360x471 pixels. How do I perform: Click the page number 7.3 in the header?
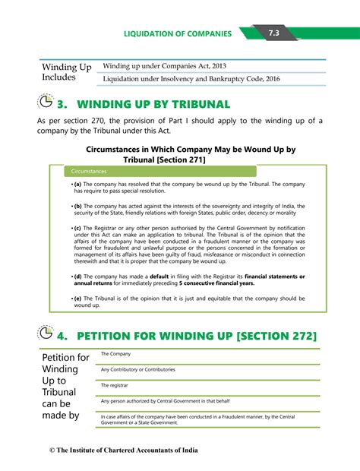273,33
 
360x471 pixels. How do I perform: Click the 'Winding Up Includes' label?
66,72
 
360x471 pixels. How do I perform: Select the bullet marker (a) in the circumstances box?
77,185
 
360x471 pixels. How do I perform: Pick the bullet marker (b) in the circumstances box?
77,206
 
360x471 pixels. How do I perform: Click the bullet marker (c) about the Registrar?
77,228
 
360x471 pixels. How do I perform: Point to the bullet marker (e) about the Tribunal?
77,299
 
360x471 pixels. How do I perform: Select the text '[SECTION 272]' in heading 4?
276,336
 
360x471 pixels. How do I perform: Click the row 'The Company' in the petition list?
115,354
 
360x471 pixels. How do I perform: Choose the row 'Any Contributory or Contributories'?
137,370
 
